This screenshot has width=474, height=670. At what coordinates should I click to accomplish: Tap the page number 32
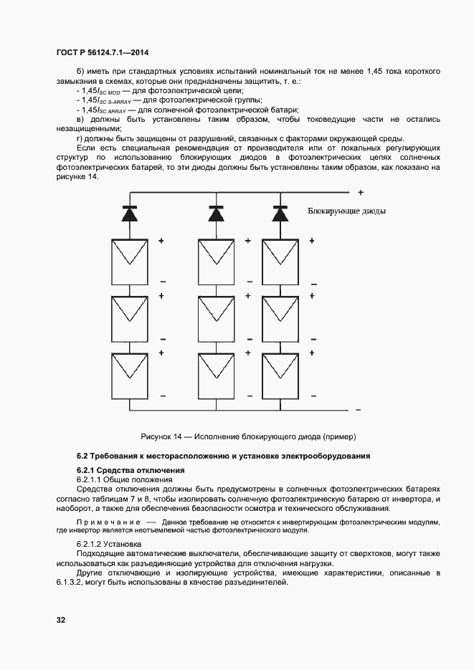tap(61, 619)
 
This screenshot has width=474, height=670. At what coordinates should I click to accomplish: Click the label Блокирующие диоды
tap(346, 211)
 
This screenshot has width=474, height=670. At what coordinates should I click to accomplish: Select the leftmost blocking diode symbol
tap(130, 213)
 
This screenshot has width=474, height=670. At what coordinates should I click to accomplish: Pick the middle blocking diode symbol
tap(216, 213)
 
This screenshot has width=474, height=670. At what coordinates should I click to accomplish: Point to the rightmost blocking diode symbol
tap(279, 213)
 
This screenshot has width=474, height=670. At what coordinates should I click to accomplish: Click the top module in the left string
tap(130, 261)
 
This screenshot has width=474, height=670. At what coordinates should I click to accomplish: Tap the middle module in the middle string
tap(216, 317)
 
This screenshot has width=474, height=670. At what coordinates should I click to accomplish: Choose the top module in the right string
tap(279, 261)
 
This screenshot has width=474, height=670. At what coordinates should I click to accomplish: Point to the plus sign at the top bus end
tap(361, 193)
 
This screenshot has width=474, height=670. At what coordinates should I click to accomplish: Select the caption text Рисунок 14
tap(163, 436)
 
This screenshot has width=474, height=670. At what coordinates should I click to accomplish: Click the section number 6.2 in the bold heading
tap(82, 456)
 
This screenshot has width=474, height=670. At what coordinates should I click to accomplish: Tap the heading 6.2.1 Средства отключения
tap(120, 470)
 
